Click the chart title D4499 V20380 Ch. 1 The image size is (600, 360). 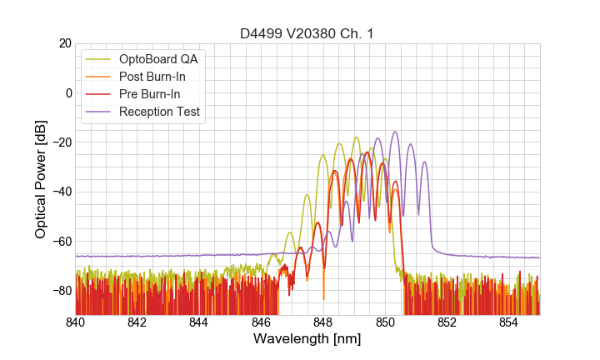coord(307,33)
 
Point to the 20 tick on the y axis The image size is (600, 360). coord(63,43)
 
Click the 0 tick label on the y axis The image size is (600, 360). coord(67,92)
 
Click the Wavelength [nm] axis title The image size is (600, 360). coord(307,339)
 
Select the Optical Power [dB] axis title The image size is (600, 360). coord(41,178)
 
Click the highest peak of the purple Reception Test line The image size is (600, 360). coord(395,132)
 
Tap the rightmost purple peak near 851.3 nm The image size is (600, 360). coord(424,162)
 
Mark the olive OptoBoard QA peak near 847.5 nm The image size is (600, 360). coord(307,195)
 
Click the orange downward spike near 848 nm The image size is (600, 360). coord(323,298)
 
